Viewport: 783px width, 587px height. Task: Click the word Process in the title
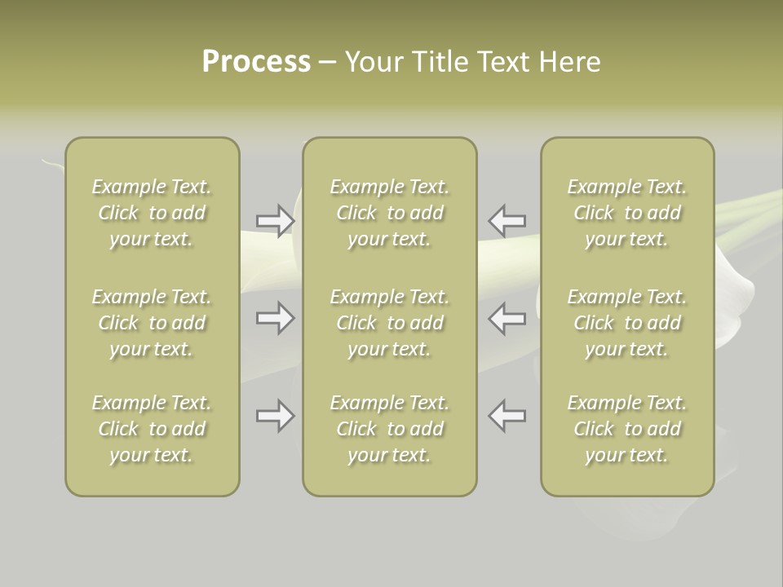pos(256,62)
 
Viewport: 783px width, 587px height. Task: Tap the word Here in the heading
pos(570,62)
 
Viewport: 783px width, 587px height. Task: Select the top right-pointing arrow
pos(275,220)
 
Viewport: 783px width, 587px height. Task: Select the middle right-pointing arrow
pos(275,318)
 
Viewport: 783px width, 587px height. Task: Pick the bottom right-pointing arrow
pos(275,416)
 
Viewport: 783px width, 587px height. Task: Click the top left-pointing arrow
pos(507,220)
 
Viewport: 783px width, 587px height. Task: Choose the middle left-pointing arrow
pos(507,318)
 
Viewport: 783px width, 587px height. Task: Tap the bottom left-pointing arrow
pos(507,416)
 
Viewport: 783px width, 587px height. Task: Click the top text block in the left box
pos(152,213)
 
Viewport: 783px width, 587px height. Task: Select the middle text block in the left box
pos(152,323)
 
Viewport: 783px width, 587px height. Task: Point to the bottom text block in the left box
pos(152,429)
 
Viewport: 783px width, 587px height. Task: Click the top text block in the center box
pos(389,213)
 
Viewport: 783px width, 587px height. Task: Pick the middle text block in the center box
pos(389,323)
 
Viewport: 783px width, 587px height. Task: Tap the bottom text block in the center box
pos(389,429)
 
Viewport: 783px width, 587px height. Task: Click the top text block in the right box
pos(626,213)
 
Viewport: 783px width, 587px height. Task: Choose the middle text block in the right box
pos(626,323)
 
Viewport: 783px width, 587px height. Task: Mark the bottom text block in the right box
pos(626,429)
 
